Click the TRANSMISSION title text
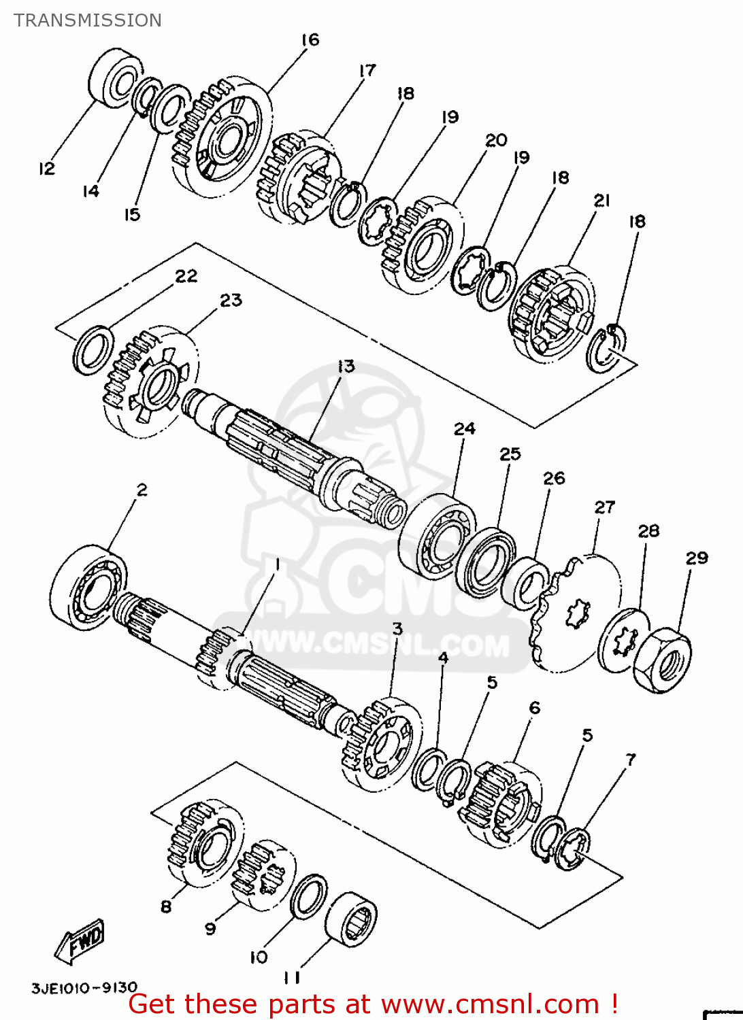(88, 20)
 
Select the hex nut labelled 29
(662, 660)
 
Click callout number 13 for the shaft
(346, 367)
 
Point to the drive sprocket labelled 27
(578, 612)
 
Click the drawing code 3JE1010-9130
(84, 987)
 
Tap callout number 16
(310, 40)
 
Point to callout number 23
(231, 300)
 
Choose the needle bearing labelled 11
(351, 919)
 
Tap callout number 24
(465, 429)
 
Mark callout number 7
(631, 759)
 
